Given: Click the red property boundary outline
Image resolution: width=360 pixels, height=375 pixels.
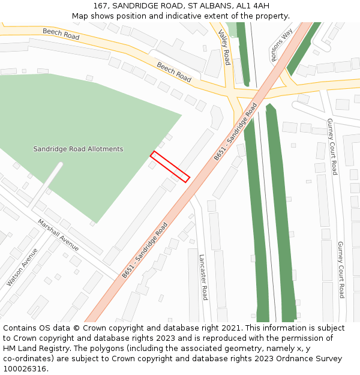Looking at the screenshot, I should click(170, 166).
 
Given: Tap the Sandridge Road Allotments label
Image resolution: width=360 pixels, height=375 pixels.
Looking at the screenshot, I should click(78, 149).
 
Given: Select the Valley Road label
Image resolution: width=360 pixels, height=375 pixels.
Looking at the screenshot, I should click(224, 47).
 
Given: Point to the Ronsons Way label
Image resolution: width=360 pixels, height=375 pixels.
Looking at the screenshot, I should click(281, 45).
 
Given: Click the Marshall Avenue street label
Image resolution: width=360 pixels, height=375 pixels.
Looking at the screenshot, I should click(58, 235).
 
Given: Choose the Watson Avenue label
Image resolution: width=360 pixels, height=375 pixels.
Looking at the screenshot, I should click(22, 267).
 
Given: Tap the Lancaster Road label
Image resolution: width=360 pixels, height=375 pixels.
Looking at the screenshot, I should click(203, 277).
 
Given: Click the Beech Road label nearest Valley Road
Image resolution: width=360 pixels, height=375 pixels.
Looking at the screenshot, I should click(174, 72).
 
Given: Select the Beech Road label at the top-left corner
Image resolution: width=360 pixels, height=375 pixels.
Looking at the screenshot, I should click(61, 34).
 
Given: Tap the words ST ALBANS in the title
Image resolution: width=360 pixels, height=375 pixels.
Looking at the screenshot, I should click(206, 6).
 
